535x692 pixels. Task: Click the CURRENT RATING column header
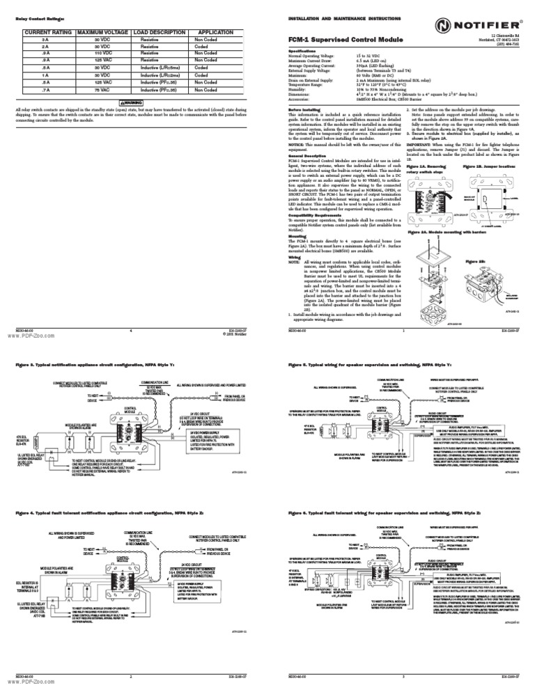click(x=48, y=33)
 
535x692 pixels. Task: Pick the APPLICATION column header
click(x=215, y=33)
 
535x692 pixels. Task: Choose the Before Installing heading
click(x=303, y=110)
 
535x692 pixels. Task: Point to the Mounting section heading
click(x=297, y=235)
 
